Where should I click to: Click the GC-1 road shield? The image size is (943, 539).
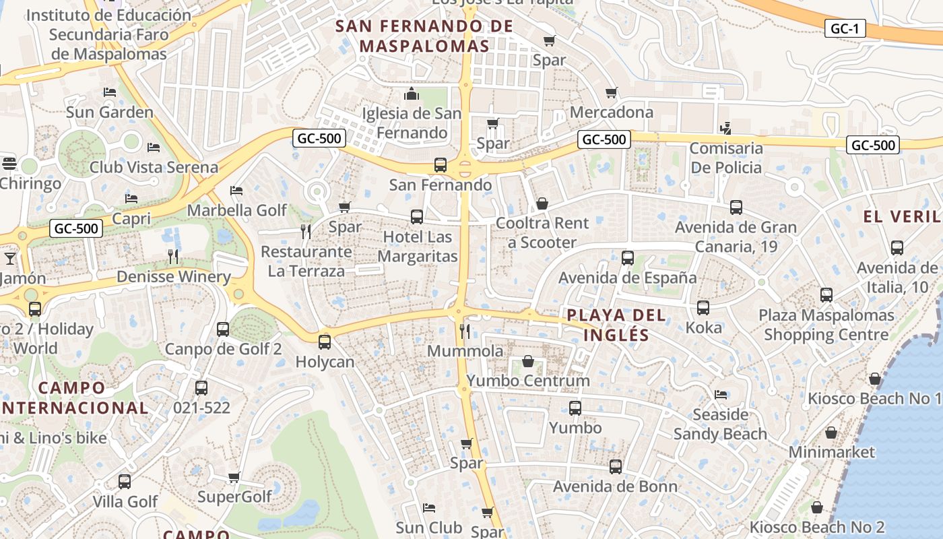845,28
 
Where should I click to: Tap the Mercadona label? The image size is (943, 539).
612,112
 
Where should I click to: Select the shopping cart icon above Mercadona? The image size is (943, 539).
611,92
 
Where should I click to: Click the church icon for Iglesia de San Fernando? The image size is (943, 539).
411,93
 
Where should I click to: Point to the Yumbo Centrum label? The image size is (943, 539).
528,381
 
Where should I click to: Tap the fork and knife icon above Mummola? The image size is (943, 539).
464,331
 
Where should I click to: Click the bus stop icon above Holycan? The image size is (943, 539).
325,342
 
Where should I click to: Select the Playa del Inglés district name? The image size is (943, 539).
616,325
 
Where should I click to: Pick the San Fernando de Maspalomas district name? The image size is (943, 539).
424,36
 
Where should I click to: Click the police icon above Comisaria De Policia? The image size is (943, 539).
725,127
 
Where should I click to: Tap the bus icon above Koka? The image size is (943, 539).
703,308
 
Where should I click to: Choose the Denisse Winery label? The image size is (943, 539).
174,277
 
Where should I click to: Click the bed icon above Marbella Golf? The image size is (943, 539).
236,191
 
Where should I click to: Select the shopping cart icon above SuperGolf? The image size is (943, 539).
234,477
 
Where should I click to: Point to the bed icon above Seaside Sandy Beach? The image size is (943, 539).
721,394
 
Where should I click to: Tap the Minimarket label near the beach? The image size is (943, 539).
831,452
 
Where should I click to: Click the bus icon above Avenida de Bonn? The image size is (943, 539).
616,466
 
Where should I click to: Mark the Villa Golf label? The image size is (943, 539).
125,501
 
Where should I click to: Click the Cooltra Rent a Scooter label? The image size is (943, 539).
542,232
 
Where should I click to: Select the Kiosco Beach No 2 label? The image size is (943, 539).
817,527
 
